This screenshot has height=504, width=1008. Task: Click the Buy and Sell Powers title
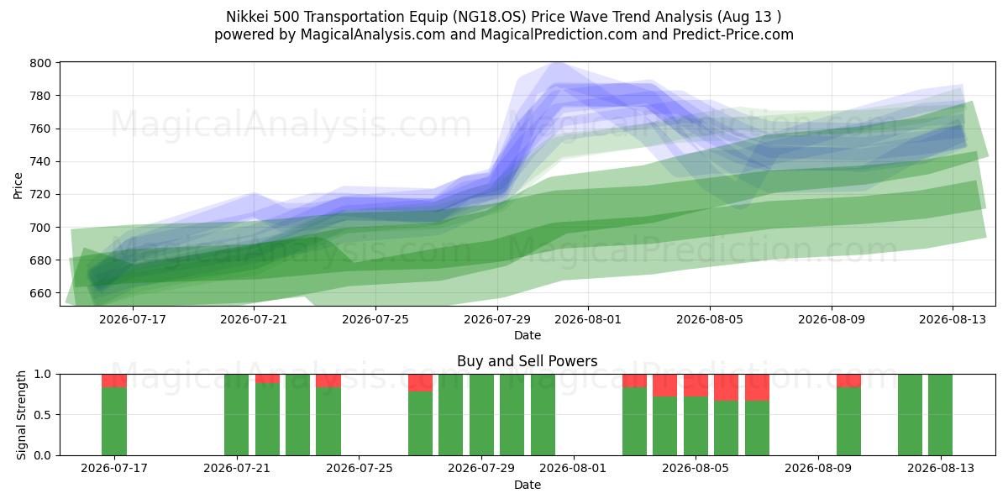coord(527,361)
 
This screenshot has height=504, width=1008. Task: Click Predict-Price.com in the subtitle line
coord(733,34)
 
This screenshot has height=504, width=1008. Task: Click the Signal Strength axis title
coord(21,415)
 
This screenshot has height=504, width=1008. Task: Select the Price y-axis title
coord(18,186)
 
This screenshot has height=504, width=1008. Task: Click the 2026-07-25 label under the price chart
coord(375,319)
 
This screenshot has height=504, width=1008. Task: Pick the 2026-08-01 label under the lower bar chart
coord(573,469)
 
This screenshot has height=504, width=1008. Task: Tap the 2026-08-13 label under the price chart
coord(953,319)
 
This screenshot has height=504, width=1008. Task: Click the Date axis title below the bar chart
coord(528,486)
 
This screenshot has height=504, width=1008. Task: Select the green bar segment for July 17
coord(114,422)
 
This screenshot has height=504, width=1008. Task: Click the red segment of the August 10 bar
coord(848,381)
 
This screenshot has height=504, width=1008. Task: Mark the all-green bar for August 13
coord(941,415)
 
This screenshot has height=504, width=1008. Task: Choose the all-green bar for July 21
coord(237,415)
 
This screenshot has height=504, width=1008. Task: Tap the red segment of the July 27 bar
coord(420,383)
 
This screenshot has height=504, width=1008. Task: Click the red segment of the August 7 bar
coord(757,387)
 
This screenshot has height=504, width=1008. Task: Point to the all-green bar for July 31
coord(543,415)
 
